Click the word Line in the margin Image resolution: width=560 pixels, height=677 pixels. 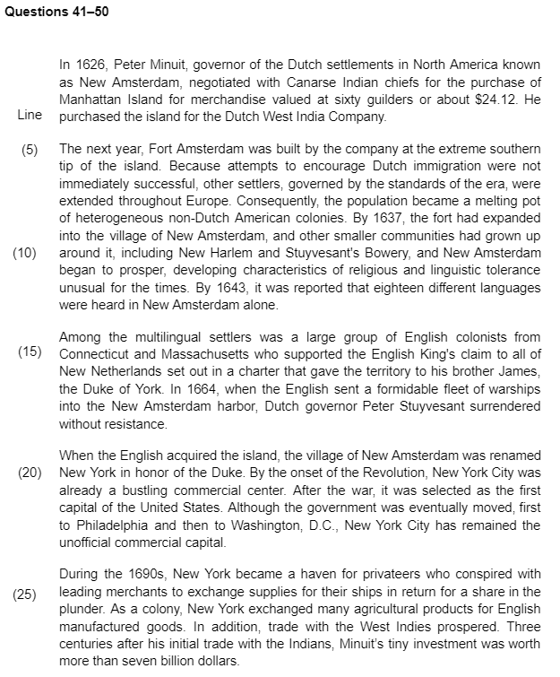pos(30,117)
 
